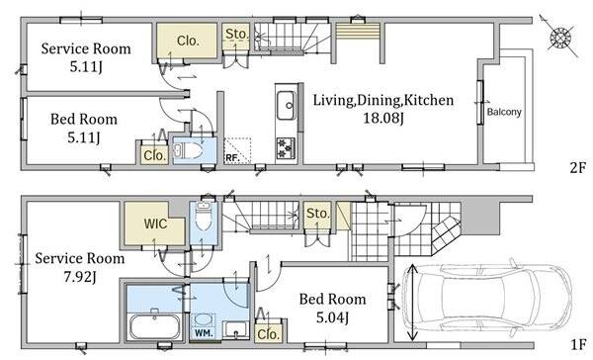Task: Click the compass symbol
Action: coord(560,38)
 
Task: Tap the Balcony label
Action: coord(504,112)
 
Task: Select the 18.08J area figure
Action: coord(383,118)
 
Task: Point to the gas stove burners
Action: coord(286,148)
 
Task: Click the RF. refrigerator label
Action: coord(232,158)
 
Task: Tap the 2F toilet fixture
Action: coord(188,151)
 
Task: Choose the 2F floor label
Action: coord(577,167)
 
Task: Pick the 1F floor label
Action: coord(578,344)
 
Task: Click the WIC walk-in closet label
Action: coord(155,224)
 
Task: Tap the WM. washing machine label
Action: coord(204,333)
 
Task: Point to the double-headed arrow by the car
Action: coord(412,302)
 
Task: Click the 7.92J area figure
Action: coord(80,277)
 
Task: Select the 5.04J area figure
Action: coord(332,317)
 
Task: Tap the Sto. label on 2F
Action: coord(236,34)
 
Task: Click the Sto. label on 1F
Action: coord(317,213)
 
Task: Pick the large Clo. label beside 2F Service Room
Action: coord(188,41)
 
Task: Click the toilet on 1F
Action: coord(204,218)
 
